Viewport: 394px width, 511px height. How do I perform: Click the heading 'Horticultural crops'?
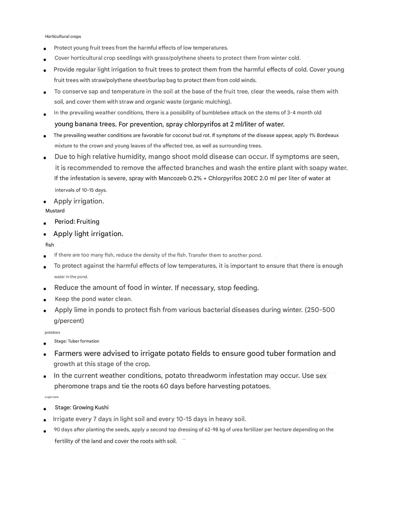pyautogui.click(x=63, y=37)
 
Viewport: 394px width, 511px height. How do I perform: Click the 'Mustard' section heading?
pyautogui.click(x=55, y=211)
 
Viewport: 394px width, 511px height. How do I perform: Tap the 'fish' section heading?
pyautogui.click(x=49, y=245)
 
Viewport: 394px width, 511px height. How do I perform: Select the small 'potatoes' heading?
pyautogui.click(x=52, y=332)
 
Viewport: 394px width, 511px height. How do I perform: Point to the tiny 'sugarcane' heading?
pyautogui.click(x=52, y=397)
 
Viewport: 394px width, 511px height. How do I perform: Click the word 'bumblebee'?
pyautogui.click(x=216, y=112)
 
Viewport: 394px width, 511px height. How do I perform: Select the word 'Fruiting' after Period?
pyautogui.click(x=88, y=222)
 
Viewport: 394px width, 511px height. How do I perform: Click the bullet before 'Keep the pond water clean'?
pyautogui.click(x=45, y=300)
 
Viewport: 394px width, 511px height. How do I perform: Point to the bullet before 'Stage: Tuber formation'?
pyautogui.click(x=45, y=344)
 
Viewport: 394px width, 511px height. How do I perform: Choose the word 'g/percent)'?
pyautogui.click(x=69, y=321)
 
